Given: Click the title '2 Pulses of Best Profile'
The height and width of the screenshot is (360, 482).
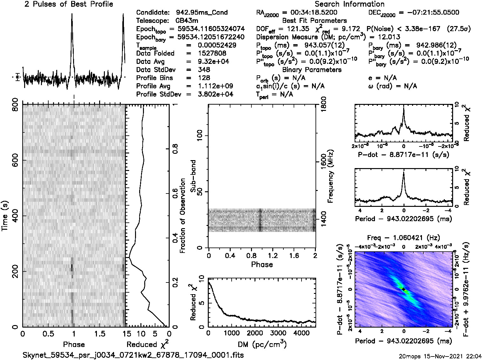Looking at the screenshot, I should (69, 4).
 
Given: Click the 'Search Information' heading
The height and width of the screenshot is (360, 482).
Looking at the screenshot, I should (350, 4).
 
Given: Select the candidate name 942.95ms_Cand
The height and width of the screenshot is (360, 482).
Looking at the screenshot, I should (202, 13).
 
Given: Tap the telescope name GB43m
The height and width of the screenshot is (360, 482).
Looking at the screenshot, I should (187, 21).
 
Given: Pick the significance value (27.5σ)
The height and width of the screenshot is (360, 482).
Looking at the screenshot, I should (458, 29).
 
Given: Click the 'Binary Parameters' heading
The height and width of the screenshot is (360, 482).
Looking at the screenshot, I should (312, 70).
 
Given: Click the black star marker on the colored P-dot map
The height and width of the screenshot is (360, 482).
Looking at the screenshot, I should (403, 289).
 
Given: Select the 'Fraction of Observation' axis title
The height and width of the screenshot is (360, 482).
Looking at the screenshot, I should (183, 216).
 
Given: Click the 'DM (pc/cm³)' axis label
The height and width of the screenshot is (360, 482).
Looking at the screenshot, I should (262, 344).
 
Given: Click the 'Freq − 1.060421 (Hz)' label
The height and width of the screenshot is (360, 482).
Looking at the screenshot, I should (404, 238).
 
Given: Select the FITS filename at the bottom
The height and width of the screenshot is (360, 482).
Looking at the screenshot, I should (133, 355).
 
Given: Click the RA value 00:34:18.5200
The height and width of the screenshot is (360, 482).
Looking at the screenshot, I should (310, 13).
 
